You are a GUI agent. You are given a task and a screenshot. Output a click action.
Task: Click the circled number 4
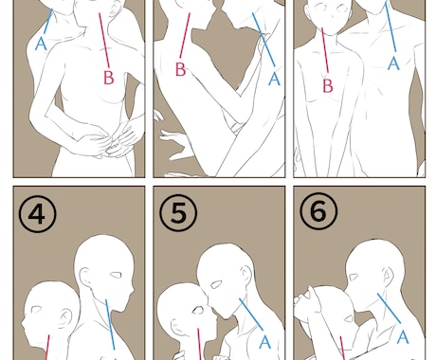coord(38,213)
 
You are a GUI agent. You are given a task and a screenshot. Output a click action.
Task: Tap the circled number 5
coord(178,212)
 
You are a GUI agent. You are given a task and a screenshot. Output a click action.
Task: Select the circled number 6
coord(318,211)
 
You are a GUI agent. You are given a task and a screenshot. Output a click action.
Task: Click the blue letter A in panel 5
coord(264,342)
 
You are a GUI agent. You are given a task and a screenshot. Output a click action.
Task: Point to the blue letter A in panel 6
coord(403,337)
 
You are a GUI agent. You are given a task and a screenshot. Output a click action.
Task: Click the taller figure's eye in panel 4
coord(116,275)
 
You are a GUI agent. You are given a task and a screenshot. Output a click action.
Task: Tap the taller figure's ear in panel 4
coord(85,278)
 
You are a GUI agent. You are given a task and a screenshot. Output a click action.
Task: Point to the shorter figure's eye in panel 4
coord(35,310)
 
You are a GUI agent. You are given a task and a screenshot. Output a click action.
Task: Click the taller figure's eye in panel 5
coord(216,285)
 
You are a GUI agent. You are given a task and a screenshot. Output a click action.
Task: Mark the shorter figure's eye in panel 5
coord(198,310)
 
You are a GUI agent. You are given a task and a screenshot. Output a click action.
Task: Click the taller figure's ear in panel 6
coord(388,276)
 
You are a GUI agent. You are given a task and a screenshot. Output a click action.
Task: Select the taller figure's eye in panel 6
coord(354,277)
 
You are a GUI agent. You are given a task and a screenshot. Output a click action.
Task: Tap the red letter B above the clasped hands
coord(109,78)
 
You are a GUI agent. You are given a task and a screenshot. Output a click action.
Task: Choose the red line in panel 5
coord(199,344)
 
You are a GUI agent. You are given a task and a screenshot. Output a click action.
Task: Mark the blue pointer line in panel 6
coord(389,308)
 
